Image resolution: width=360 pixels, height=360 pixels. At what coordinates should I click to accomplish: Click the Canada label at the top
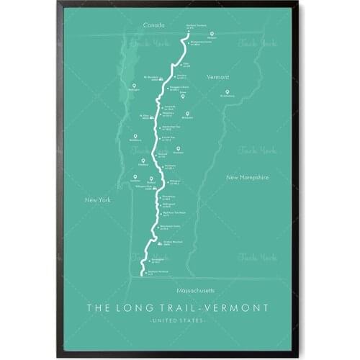pyautogui.click(x=154, y=25)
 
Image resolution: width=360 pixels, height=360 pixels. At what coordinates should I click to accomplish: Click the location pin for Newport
pyautogui.click(x=211, y=34)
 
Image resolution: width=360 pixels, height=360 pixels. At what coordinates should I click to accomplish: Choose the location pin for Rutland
pyautogui.click(x=152, y=178)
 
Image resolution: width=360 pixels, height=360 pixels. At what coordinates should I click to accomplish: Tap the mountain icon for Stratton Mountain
pyautogui.click(x=159, y=243)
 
